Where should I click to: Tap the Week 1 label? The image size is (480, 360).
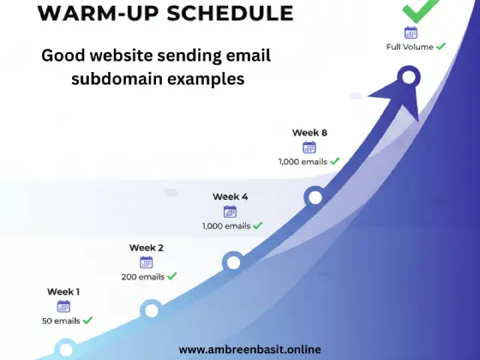point(63,291)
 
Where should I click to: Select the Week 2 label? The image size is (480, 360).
point(147,248)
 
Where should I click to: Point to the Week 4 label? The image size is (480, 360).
point(230,196)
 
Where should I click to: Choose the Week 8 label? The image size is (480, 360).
point(309,132)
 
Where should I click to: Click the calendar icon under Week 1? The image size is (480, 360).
point(63,306)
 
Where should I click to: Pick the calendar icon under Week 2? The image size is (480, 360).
point(147,262)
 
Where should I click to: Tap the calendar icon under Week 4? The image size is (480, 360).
point(230,211)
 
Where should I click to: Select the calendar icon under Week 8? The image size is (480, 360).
point(309,147)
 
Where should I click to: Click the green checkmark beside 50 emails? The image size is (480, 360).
point(87,321)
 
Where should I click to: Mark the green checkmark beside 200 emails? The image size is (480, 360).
point(172,276)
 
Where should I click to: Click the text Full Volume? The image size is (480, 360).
point(410,46)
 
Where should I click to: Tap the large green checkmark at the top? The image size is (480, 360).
point(417,10)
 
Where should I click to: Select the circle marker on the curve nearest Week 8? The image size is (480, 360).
point(315,198)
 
